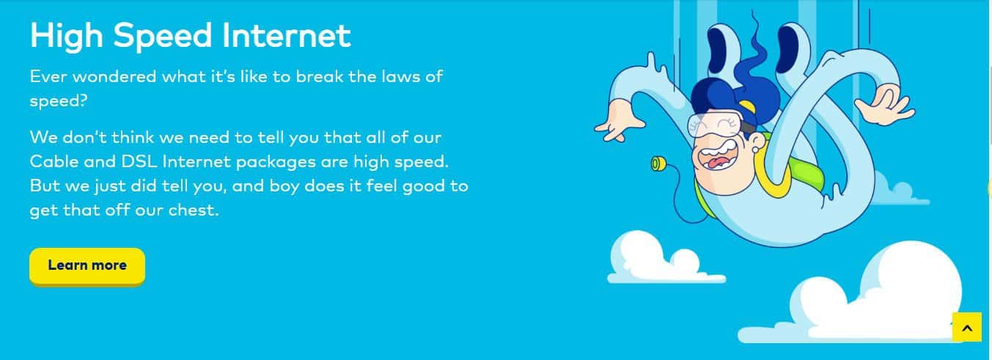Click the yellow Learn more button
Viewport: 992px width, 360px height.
(x=87, y=265)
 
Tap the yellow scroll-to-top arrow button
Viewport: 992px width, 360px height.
(x=967, y=327)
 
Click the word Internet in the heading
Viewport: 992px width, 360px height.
(x=286, y=35)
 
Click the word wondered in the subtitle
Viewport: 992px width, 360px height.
(x=114, y=76)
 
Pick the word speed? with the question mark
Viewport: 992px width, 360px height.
(x=59, y=102)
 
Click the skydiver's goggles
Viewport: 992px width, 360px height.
(x=714, y=123)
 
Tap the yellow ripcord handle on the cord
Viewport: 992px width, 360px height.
(x=658, y=164)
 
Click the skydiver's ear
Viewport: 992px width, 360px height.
(x=758, y=142)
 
